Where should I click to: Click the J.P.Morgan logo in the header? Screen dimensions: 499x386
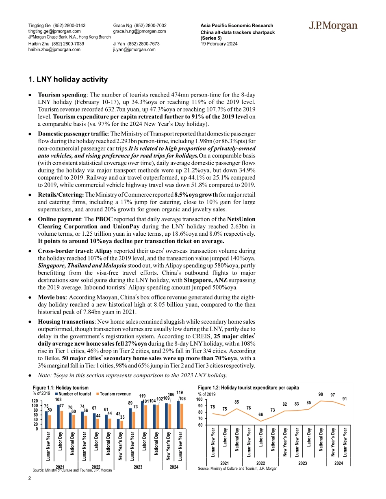tap(333, 27)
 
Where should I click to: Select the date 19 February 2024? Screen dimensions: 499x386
tap(219, 44)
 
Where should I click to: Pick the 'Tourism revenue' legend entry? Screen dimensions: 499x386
tap(113, 394)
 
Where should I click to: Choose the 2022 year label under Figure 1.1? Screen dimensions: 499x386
tap(96, 467)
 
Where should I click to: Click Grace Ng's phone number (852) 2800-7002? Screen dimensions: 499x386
tap(150, 26)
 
